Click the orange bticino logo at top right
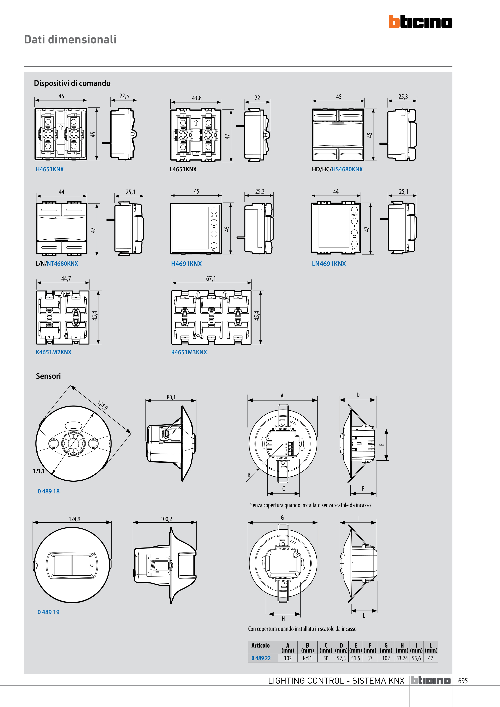click(x=420, y=22)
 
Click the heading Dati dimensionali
click(x=70, y=39)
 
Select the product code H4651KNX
click(x=50, y=169)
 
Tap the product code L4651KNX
click(x=183, y=169)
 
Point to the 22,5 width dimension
click(x=124, y=96)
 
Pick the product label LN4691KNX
click(x=329, y=264)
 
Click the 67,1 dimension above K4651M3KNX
click(x=211, y=278)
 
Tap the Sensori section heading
click(x=48, y=376)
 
